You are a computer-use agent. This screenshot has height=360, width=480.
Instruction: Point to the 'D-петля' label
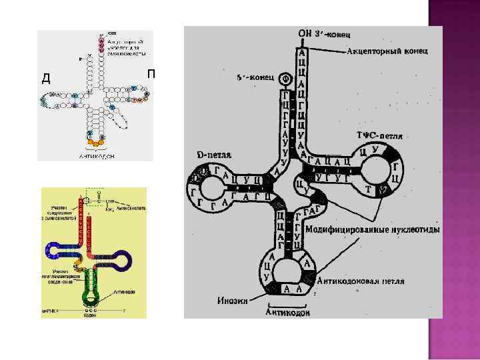point(214,154)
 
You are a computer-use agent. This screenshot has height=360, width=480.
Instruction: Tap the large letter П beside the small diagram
point(151,73)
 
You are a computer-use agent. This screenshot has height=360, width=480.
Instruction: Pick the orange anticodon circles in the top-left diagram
point(95,141)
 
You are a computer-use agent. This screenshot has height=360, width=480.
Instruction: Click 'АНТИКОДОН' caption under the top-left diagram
point(97,155)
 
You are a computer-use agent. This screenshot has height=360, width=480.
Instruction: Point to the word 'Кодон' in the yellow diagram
point(89,315)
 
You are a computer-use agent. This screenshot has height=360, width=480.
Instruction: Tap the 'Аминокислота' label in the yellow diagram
point(130,209)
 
